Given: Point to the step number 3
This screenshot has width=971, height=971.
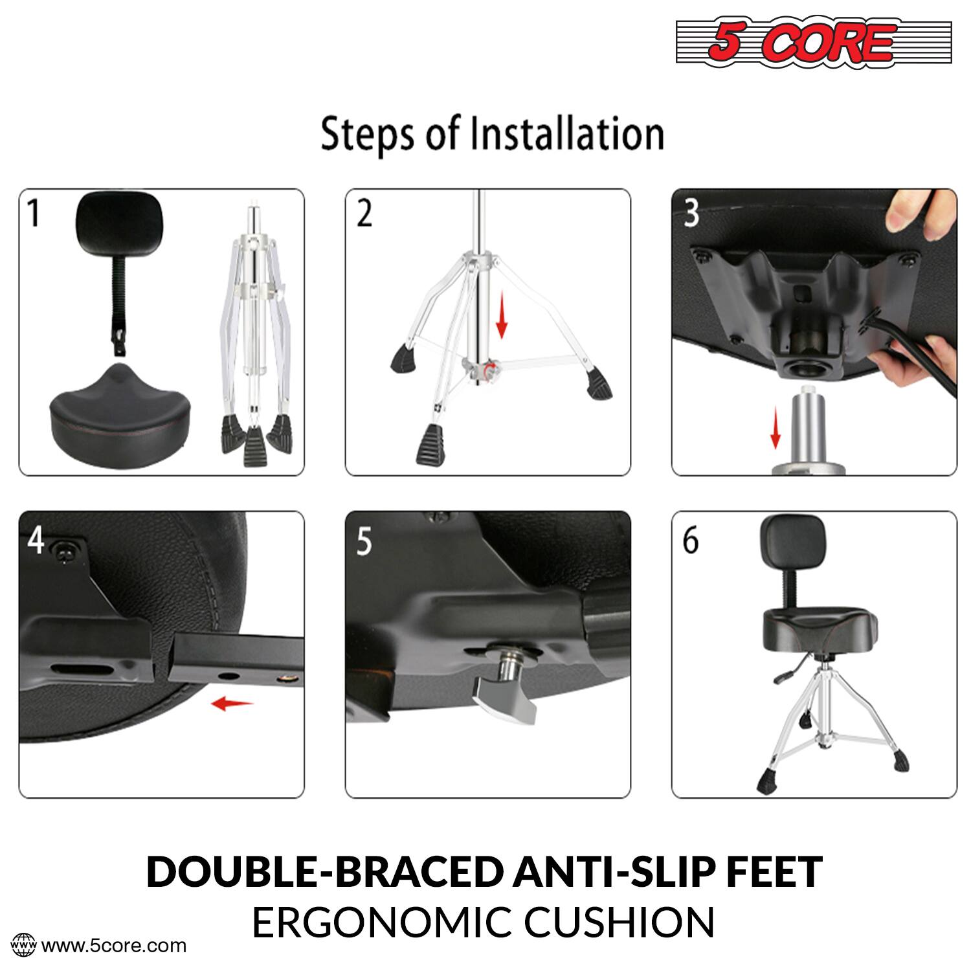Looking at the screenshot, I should [691, 213].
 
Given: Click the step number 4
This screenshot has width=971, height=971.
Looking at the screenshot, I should [36, 539].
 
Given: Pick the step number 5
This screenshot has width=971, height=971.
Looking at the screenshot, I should [364, 541].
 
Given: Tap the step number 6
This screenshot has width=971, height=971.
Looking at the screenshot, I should [691, 541].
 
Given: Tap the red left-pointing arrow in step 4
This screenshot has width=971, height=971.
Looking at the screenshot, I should [232, 703].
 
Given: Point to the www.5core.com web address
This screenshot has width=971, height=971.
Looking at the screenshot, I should [114, 946].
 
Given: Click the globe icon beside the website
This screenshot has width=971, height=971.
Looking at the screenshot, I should [25, 945].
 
